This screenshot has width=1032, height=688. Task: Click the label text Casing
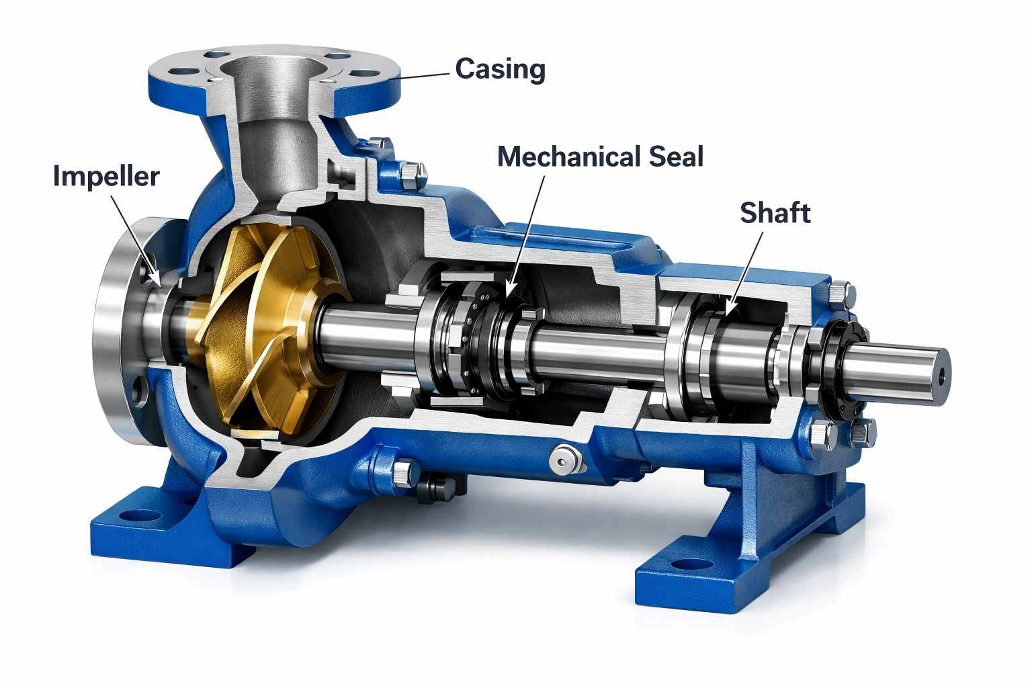500,69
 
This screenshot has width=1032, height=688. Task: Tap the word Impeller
106,176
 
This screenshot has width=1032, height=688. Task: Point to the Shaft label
775,212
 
